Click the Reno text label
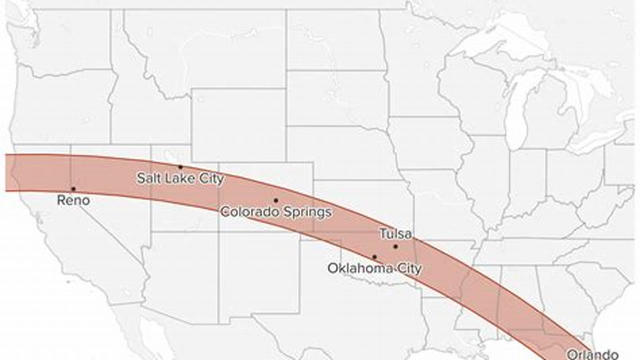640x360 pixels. [x=74, y=200]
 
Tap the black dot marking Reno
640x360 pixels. [x=74, y=189]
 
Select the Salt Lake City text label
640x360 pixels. [x=180, y=178]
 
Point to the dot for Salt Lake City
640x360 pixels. [x=180, y=167]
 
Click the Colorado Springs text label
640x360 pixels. [x=276, y=212]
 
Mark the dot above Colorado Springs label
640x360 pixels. [x=276, y=200]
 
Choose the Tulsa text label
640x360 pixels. [x=395, y=234]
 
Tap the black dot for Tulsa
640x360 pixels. [x=395, y=246]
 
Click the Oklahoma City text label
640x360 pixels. [x=374, y=268]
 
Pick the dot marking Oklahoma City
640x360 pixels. [x=374, y=257]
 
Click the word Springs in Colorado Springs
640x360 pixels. [x=305, y=212]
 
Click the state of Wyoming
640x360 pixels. [x=238, y=125]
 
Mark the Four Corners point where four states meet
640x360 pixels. [x=218, y=231]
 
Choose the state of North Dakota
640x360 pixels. [x=333, y=40]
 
